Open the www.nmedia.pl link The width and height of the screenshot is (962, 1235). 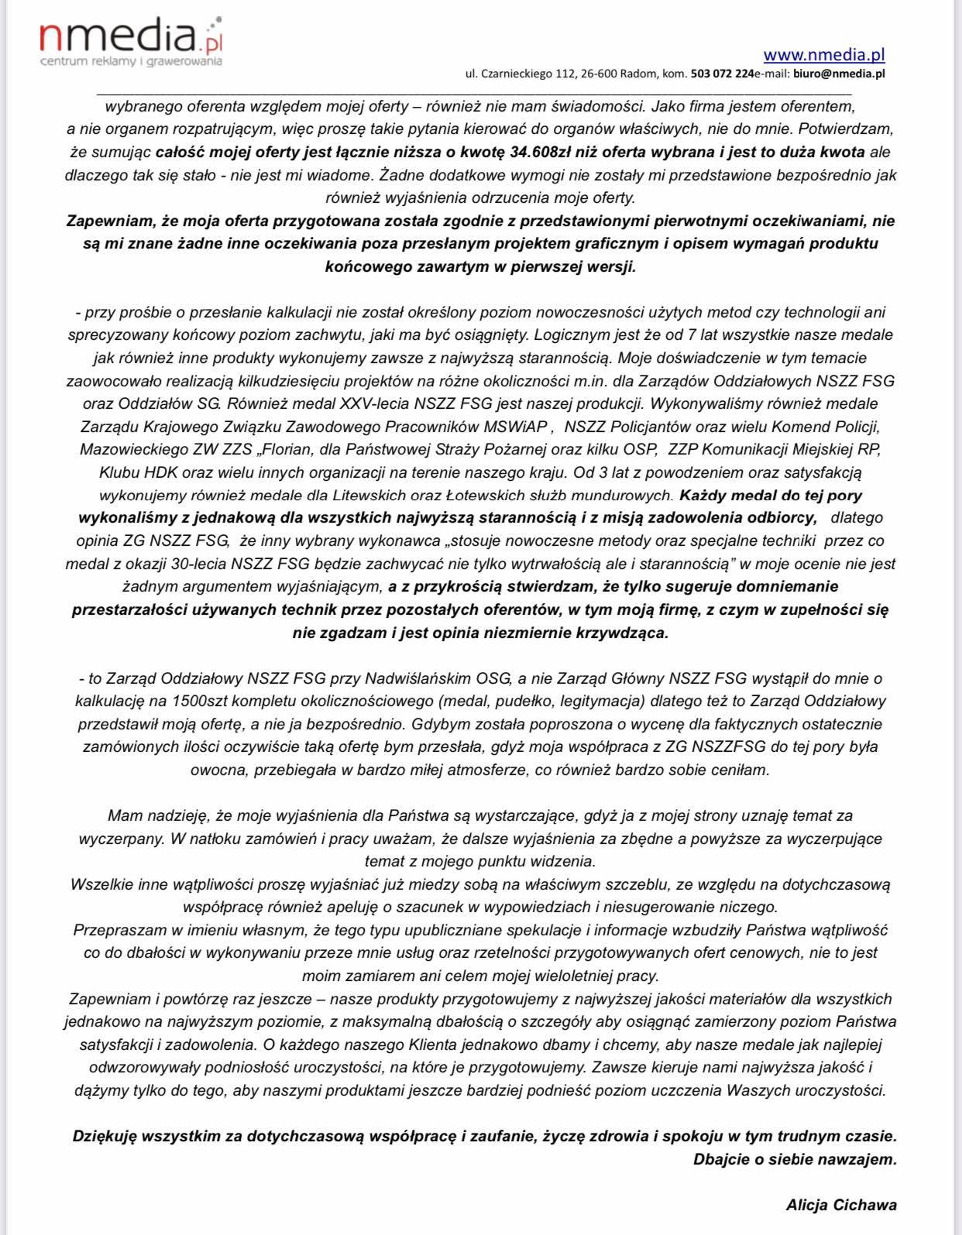824,54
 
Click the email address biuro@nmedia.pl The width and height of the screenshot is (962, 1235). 840,74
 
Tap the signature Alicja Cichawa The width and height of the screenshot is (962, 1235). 841,1205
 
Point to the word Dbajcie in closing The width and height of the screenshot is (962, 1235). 724,1159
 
